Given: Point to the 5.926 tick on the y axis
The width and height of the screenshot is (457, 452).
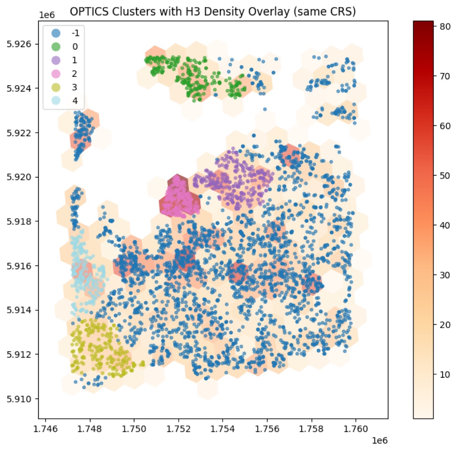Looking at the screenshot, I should coord(19,44).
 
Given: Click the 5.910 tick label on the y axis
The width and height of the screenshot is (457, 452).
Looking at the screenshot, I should coord(19,399).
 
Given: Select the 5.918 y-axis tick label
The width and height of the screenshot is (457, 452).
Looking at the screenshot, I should coord(19,221).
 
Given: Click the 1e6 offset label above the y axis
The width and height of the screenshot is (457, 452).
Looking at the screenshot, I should coord(47,15).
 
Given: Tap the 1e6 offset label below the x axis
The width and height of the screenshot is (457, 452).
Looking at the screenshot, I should coord(379,440).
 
